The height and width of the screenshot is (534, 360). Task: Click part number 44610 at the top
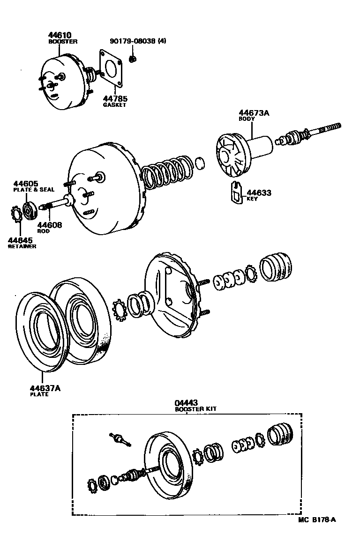[x=60, y=36]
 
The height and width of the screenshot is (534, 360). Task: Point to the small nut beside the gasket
[x=132, y=59]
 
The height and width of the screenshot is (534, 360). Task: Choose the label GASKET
[x=115, y=105]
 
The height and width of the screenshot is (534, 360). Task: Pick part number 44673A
[x=254, y=113]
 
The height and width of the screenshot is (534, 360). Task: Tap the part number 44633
[x=259, y=193]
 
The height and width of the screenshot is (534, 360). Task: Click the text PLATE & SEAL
[x=33, y=190]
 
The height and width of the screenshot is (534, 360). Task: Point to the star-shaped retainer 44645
[x=15, y=215]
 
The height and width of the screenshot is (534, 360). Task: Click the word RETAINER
[x=22, y=246]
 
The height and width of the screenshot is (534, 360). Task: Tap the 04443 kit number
[x=186, y=403]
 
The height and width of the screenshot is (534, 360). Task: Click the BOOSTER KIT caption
[x=196, y=409]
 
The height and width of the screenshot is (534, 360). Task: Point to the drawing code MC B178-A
[x=317, y=519]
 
